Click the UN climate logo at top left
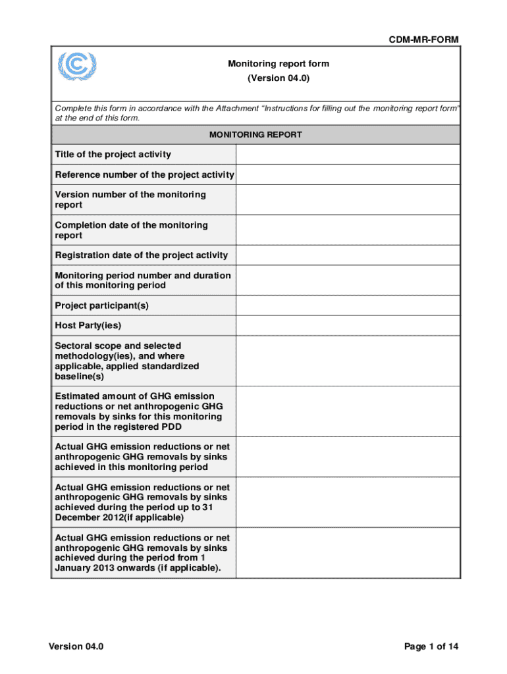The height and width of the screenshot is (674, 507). tap(76, 66)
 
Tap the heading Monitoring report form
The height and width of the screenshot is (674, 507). tap(279, 64)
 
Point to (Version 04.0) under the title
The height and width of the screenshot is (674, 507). tap(279, 78)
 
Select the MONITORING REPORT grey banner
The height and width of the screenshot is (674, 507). tap(255, 134)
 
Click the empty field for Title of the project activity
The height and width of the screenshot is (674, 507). tap(348, 155)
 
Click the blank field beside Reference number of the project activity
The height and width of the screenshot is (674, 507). tap(348, 174)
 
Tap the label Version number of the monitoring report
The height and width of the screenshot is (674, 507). tap(130, 199)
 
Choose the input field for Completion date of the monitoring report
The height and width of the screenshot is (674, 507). tap(348, 230)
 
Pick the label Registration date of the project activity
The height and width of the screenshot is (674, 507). tap(142, 255)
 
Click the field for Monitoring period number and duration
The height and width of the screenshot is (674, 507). tap(348, 280)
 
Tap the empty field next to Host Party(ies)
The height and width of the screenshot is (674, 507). tap(348, 326)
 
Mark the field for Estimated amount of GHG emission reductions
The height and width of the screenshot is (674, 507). tap(348, 411)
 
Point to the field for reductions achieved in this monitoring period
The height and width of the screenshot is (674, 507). tap(348, 457)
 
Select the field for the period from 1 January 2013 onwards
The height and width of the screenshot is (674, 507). tap(348, 553)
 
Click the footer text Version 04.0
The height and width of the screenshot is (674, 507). tap(76, 646)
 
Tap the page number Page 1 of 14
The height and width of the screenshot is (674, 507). tap(431, 646)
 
